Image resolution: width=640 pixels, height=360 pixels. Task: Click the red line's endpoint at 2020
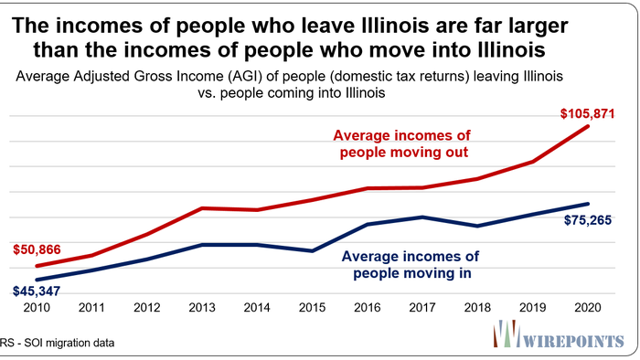pyautogui.click(x=588, y=127)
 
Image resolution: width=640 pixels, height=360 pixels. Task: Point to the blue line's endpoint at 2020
pyautogui.click(x=588, y=204)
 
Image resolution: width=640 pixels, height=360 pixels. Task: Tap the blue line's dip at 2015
pyautogui.click(x=313, y=250)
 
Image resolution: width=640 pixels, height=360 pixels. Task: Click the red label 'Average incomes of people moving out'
pyautogui.click(x=404, y=144)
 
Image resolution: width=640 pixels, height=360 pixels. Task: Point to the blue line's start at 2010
pyautogui.click(x=37, y=280)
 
